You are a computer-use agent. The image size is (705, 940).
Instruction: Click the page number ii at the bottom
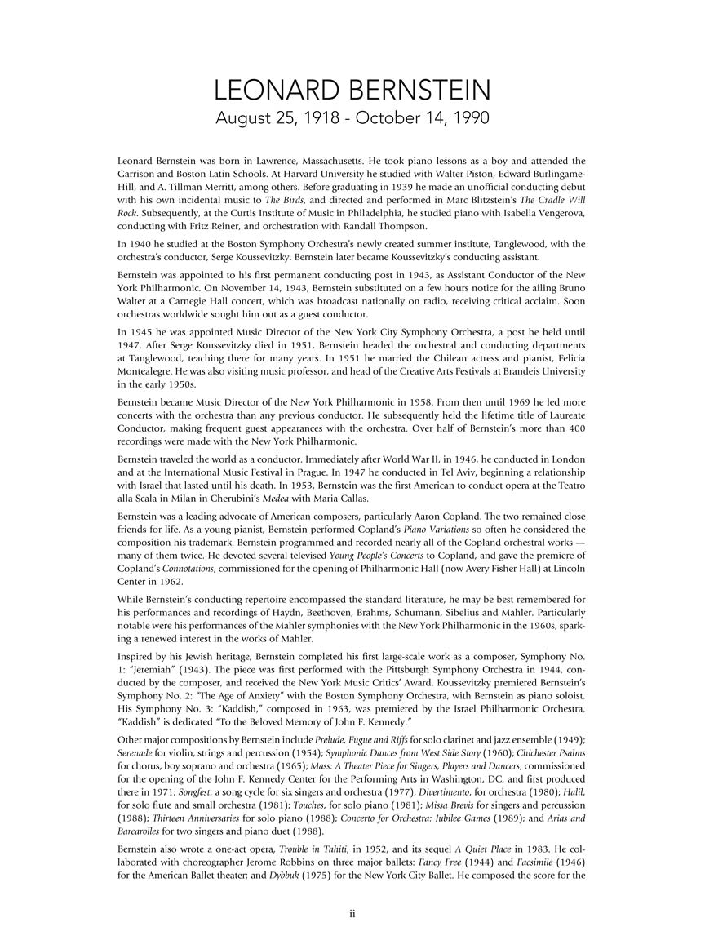(x=352, y=914)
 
